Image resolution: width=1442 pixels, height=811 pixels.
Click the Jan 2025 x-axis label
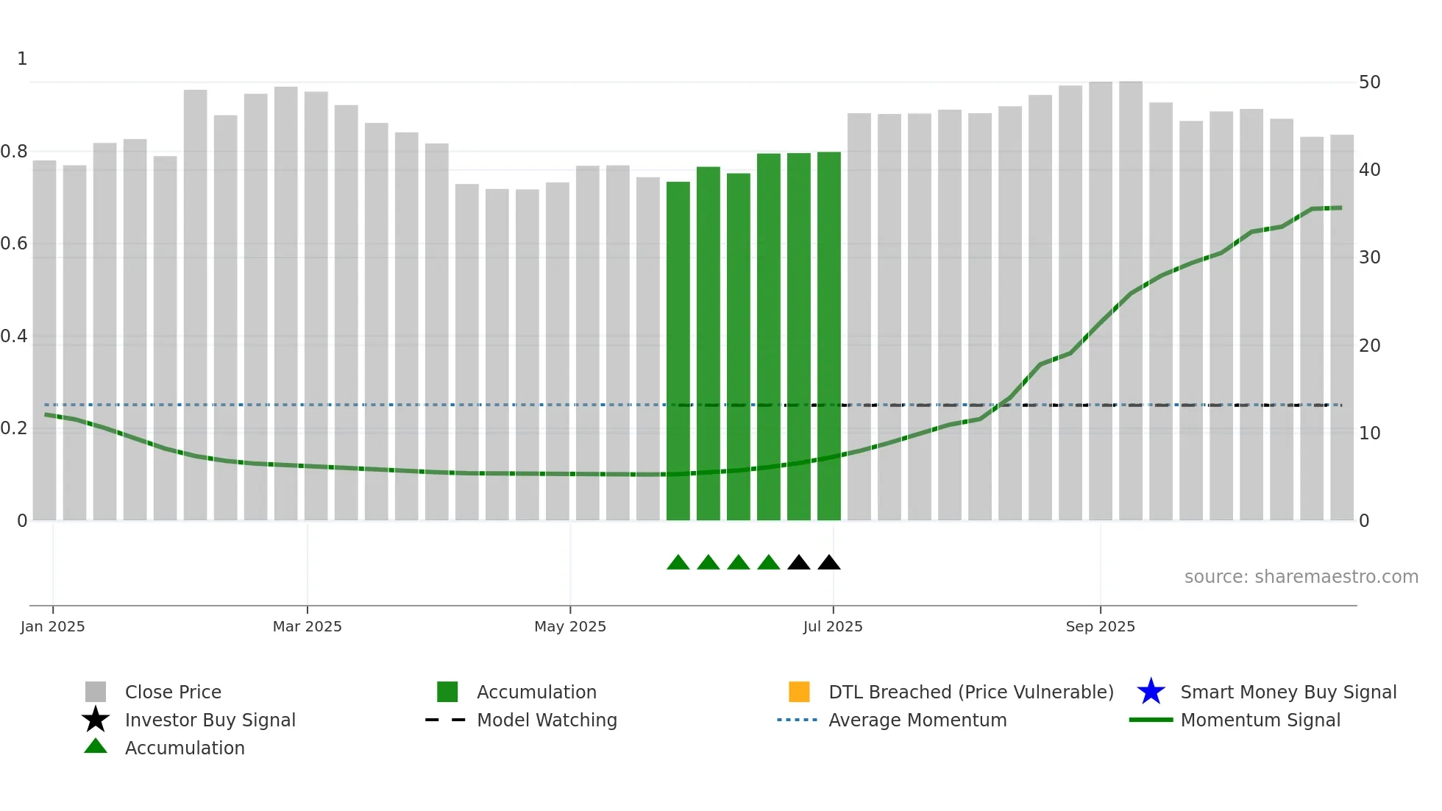53,626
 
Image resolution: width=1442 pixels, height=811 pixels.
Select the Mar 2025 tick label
308,626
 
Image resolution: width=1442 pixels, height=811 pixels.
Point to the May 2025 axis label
570,626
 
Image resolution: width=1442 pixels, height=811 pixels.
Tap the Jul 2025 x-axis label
833,626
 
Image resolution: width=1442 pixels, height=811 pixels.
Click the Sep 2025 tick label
1101,626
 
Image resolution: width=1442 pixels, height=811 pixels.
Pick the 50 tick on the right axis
1370,82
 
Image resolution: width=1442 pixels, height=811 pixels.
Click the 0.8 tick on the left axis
15,152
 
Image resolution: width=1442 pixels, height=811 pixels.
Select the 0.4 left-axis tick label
15,336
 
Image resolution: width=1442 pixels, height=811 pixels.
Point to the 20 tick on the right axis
1370,345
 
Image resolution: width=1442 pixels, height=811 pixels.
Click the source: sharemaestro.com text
1301,577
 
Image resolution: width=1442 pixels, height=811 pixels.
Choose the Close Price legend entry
173,692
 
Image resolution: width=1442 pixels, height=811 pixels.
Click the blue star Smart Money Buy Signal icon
1151,692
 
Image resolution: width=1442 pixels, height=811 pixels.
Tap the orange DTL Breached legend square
799,692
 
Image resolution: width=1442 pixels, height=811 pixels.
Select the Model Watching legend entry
547,720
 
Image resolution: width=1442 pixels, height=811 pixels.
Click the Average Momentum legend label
917,720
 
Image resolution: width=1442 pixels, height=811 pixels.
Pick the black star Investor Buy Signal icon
96,720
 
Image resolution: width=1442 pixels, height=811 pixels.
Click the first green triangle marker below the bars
678,563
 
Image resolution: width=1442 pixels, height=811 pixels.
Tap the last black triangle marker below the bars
829,563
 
